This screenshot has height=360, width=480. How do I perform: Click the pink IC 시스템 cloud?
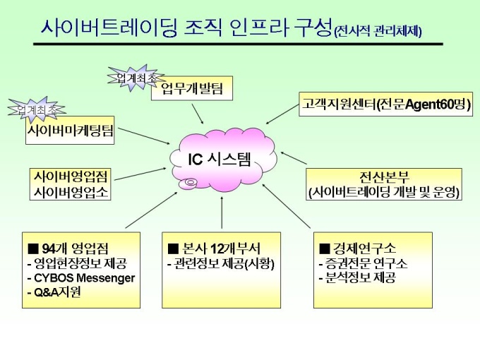pyautogui.click(x=223, y=160)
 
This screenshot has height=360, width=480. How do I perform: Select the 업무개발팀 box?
pyautogui.click(x=192, y=90)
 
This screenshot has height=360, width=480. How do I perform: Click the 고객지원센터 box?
pyautogui.click(x=385, y=105)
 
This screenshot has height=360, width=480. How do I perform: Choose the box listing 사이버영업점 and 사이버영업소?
pyautogui.click(x=70, y=183)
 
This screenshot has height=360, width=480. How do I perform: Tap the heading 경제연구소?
pyautogui.click(x=359, y=248)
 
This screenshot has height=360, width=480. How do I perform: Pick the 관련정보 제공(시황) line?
pyautogui.click(x=220, y=263)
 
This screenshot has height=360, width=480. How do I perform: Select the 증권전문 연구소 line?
pyautogui.click(x=364, y=263)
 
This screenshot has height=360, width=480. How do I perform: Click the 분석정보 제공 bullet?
pyautogui.click(x=357, y=277)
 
